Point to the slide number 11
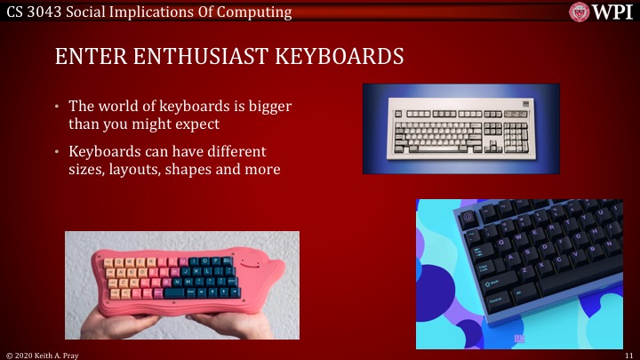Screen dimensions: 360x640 pos(628,354)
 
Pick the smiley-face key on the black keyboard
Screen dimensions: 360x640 pos(468,216)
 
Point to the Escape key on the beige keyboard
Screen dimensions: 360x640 pos(397,114)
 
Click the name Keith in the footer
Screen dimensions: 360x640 pos(46,354)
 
